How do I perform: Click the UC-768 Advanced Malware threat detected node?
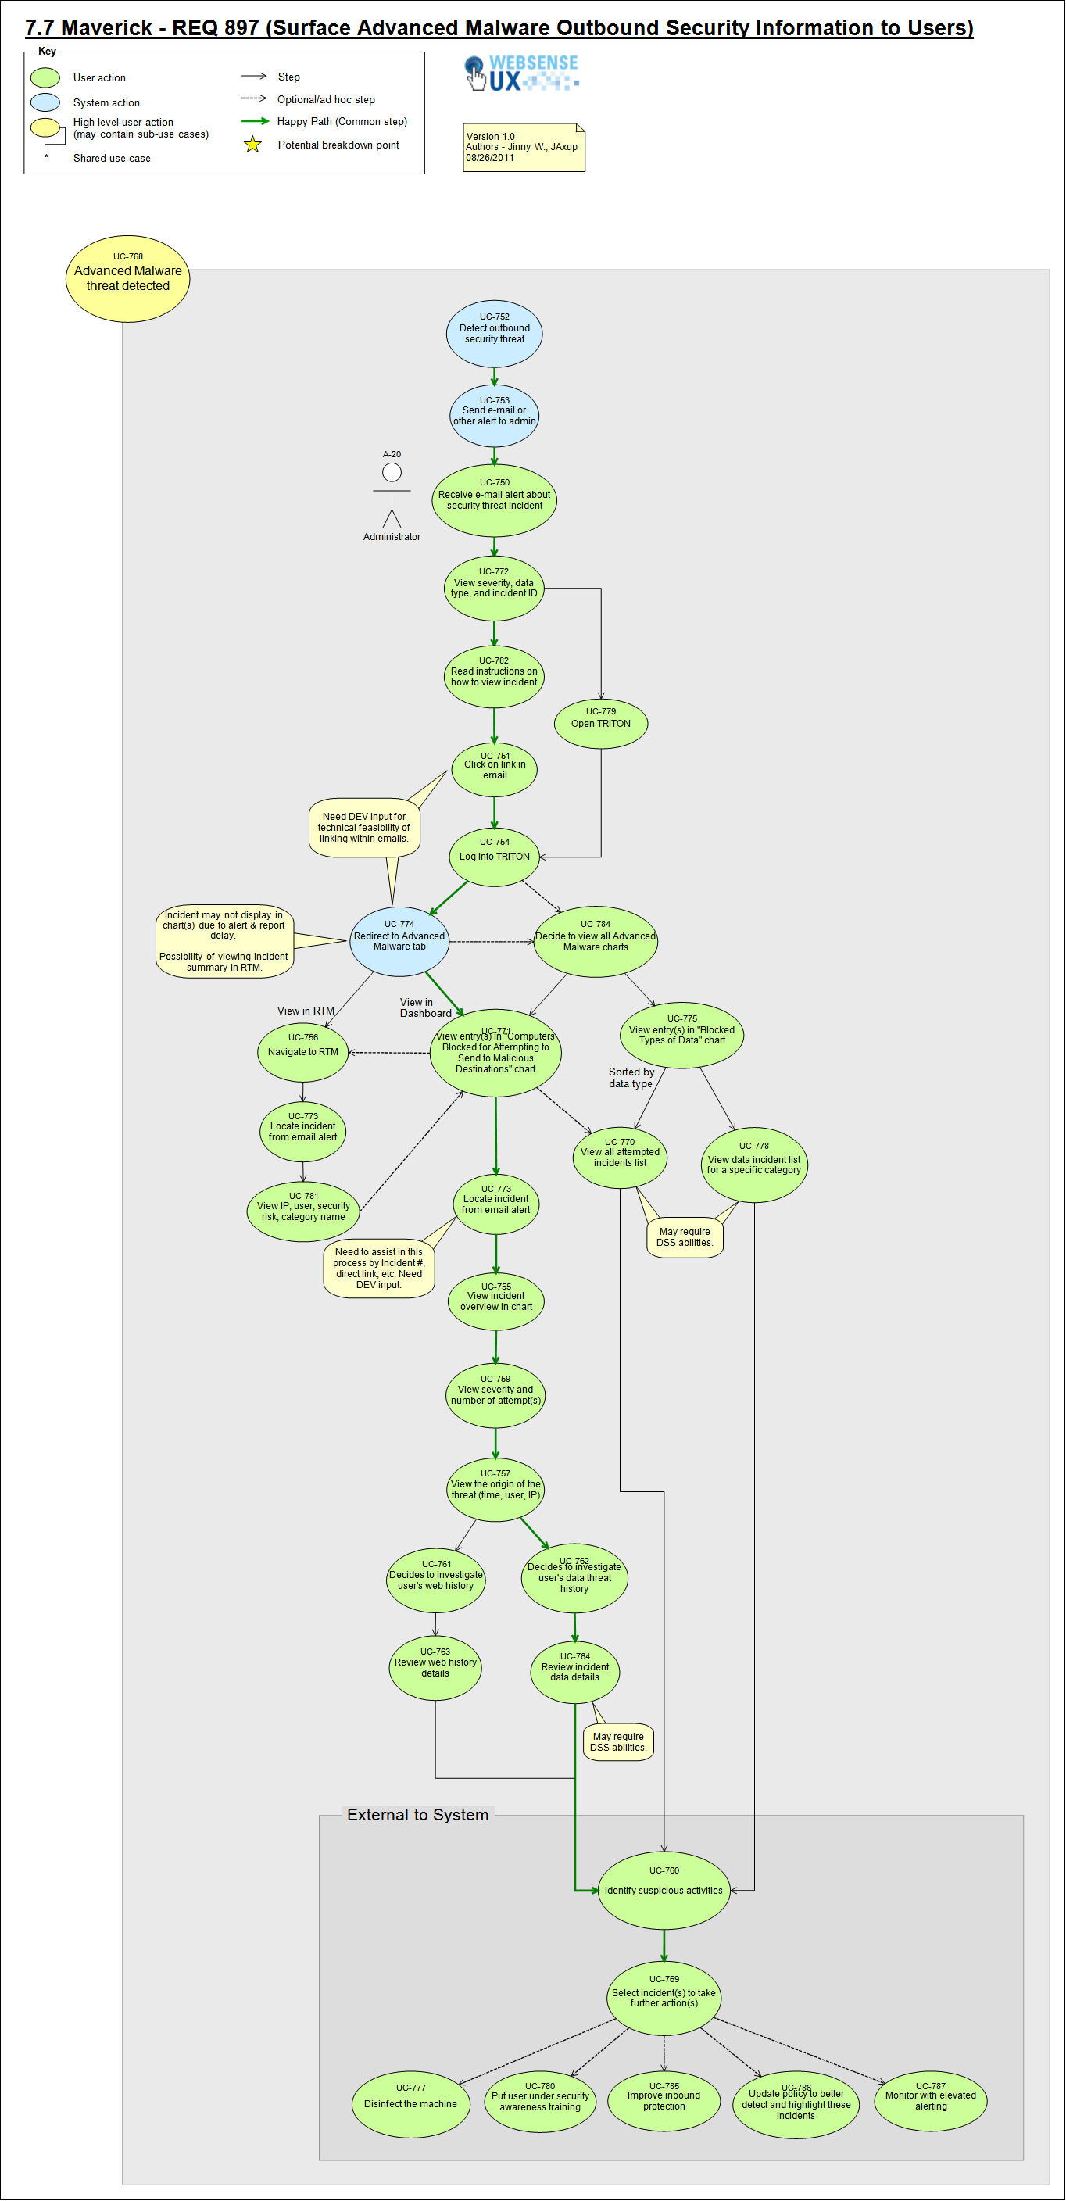click(127, 278)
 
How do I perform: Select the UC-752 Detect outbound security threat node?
click(494, 333)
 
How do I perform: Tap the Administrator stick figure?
click(392, 496)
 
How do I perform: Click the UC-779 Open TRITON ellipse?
click(600, 723)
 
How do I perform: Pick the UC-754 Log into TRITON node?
click(494, 855)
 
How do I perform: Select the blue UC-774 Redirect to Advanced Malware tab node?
click(399, 941)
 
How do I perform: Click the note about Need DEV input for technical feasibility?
click(364, 827)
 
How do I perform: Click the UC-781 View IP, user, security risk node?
click(302, 1211)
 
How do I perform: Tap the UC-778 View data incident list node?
click(753, 1164)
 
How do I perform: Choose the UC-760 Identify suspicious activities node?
click(664, 1889)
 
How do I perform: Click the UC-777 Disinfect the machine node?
click(410, 2103)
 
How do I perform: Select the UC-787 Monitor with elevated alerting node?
click(930, 2100)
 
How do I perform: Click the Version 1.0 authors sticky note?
click(523, 147)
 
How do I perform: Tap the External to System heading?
click(417, 1814)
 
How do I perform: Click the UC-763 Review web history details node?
click(435, 1666)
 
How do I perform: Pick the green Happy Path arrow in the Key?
click(255, 121)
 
